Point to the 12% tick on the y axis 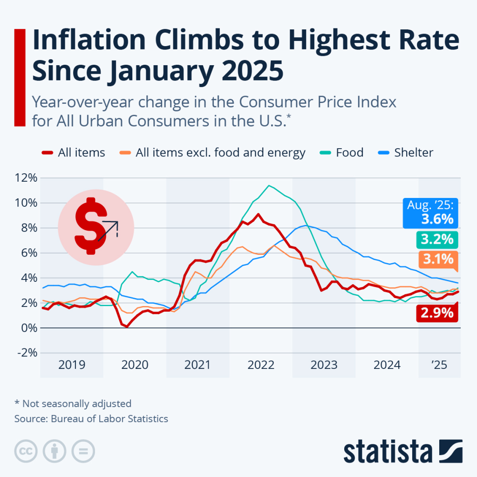[x=26, y=178]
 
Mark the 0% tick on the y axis [x=27, y=328]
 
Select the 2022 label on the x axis [x=261, y=365]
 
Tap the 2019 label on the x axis [x=72, y=365]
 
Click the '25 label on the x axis [x=439, y=365]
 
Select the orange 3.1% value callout [x=436, y=259]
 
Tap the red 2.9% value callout [x=436, y=313]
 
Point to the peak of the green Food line [x=268, y=185]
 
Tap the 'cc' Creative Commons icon [x=26, y=451]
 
